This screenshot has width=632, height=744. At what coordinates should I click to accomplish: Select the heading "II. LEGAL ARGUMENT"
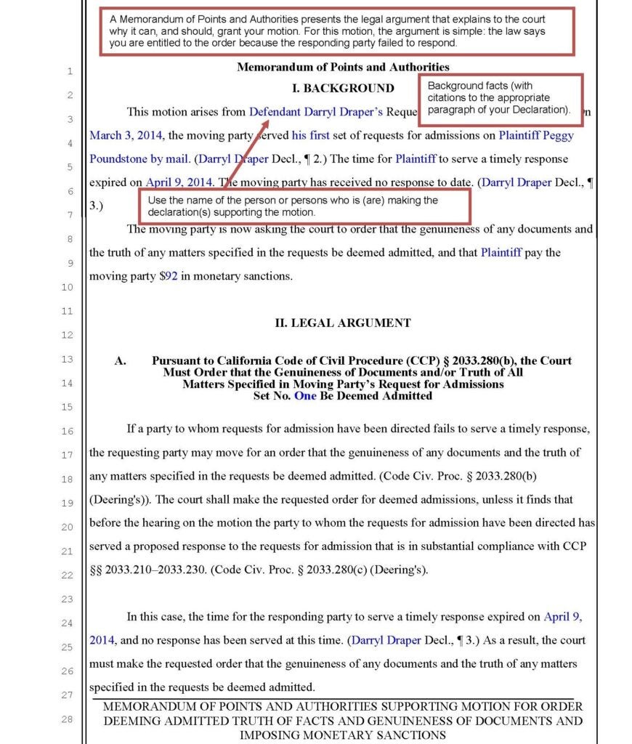click(x=342, y=323)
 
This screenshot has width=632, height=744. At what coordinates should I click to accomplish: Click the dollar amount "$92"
click(x=170, y=276)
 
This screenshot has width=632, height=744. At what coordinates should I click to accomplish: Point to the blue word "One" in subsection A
click(x=305, y=396)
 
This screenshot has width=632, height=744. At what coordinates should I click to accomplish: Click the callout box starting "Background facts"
click(x=501, y=97)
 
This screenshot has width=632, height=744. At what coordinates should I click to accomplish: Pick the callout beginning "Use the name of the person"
click(x=305, y=206)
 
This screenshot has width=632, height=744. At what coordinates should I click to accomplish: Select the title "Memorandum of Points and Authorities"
click(x=343, y=67)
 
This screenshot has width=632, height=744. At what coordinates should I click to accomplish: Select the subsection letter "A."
click(x=121, y=361)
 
